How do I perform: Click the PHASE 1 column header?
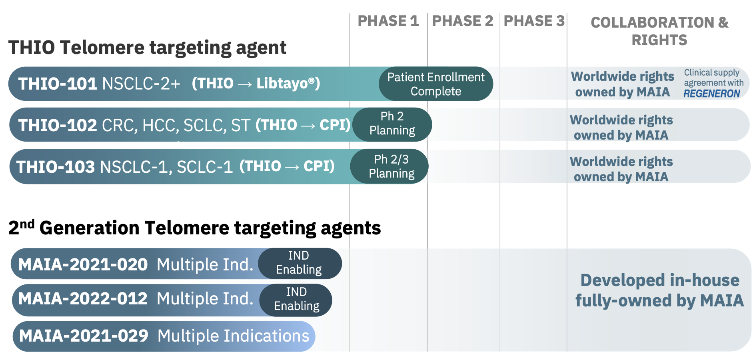click(388, 21)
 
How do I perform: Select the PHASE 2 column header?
click(463, 21)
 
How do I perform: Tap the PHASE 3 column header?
click(534, 21)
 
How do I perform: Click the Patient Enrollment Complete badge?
click(436, 84)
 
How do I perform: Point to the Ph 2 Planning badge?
click(392, 124)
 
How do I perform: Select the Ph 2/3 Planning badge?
click(389, 166)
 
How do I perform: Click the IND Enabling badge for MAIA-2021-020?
click(300, 263)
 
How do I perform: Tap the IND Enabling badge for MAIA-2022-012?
click(296, 300)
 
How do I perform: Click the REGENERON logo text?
click(712, 94)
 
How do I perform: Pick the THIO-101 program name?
click(58, 84)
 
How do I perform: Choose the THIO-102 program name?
click(58, 125)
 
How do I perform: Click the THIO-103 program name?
click(56, 167)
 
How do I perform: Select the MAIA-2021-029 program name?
click(84, 336)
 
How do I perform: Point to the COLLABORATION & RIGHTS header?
click(659, 31)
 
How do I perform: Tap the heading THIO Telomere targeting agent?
click(147, 48)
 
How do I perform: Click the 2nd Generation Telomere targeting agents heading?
click(194, 228)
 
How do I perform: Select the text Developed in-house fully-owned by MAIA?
click(659, 290)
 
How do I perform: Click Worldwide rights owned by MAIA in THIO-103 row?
click(621, 169)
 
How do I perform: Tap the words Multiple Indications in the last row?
click(234, 336)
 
